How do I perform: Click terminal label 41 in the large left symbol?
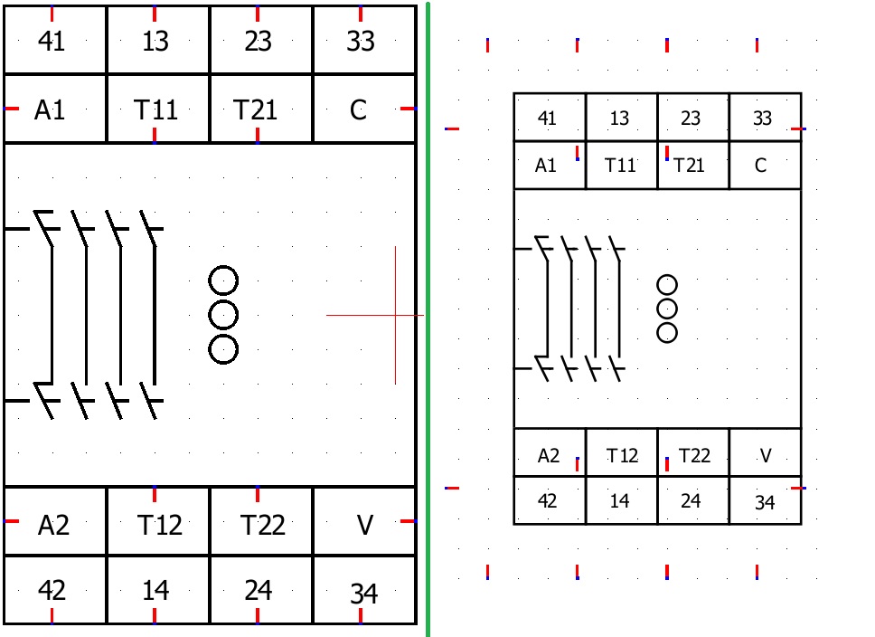[x=52, y=41]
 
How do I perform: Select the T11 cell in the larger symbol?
[x=155, y=109]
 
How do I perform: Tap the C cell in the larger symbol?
[x=359, y=109]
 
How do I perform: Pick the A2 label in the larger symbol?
[x=53, y=525]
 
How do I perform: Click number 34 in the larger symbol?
[x=363, y=594]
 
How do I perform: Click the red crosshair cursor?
[x=395, y=315]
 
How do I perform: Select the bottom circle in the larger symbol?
[x=223, y=348]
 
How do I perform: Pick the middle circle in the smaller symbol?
[x=667, y=309]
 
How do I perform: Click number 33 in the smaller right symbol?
[x=763, y=119]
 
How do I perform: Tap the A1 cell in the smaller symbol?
[x=546, y=166]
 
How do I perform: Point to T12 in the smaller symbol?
[x=622, y=455]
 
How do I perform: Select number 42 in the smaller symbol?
[x=548, y=500]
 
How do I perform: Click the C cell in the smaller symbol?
[x=760, y=166]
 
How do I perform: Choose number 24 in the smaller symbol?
[x=691, y=500]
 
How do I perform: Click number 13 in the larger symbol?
[x=155, y=41]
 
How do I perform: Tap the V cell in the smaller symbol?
[x=766, y=455]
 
